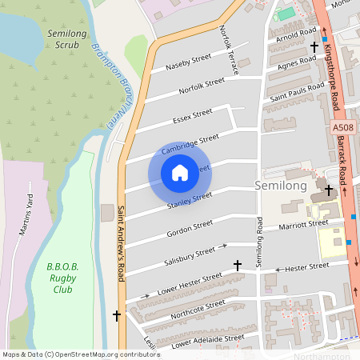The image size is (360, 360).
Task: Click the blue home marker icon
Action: (180, 172)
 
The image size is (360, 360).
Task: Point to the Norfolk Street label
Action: (202, 86)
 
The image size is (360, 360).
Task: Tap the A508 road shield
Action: (342, 127)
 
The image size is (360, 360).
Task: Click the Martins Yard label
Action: (26, 220)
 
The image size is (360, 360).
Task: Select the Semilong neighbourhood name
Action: (280, 185)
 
